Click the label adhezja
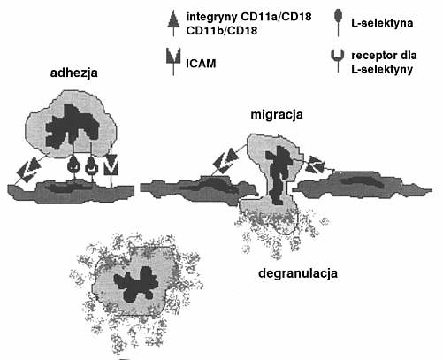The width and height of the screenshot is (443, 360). (x=74, y=73)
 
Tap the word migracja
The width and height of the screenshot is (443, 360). (x=277, y=115)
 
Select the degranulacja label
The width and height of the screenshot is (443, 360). (x=298, y=273)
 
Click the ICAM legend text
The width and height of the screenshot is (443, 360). (x=201, y=64)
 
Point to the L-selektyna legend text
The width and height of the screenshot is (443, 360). (x=382, y=23)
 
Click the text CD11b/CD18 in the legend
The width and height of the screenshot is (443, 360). (x=222, y=31)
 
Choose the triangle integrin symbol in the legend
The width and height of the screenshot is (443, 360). (x=173, y=23)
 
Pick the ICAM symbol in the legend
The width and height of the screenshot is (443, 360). (x=173, y=61)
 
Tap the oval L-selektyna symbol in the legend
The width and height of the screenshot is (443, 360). (x=339, y=22)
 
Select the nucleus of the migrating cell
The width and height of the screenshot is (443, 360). (x=277, y=174)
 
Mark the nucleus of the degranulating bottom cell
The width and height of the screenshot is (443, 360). (x=136, y=284)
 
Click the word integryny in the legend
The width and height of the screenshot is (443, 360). (x=212, y=17)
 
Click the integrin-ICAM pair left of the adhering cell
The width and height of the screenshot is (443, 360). (x=28, y=170)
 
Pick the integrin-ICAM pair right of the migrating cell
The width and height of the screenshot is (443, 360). (x=315, y=165)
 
